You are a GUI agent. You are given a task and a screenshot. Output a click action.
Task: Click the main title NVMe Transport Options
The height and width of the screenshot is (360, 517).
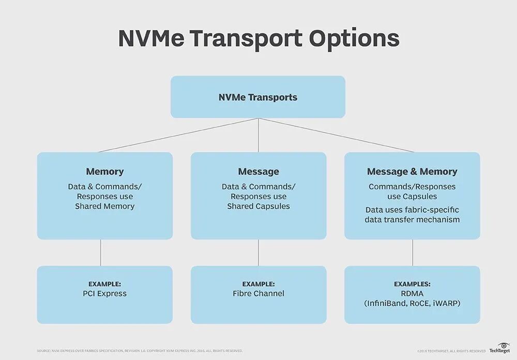258,39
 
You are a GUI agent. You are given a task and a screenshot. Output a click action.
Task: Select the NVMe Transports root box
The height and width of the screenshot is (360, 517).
258,97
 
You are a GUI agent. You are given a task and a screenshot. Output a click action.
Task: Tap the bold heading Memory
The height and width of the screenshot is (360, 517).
105,171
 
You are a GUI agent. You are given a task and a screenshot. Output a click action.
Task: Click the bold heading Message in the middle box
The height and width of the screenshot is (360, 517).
258,171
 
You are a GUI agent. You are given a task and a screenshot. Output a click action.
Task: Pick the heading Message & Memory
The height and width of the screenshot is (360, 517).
412,171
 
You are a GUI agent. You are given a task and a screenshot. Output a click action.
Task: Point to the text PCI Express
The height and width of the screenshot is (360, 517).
105,294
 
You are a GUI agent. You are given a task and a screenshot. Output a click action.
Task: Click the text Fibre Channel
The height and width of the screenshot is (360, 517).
258,294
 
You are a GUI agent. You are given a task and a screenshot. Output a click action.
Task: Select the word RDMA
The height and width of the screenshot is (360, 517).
412,294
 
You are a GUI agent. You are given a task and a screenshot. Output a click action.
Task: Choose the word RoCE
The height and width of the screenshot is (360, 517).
420,304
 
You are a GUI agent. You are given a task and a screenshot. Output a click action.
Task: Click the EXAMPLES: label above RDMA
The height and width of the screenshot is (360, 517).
412,284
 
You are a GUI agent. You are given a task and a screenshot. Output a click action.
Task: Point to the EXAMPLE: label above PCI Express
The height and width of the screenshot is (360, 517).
105,284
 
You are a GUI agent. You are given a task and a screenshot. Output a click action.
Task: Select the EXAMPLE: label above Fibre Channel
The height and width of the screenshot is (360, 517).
258,284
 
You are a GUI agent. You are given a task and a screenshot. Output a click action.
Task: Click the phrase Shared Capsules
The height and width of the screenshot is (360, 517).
258,206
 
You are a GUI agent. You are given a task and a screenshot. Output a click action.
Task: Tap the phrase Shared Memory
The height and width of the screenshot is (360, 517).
105,206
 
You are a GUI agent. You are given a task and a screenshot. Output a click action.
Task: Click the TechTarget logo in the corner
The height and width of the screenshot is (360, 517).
499,348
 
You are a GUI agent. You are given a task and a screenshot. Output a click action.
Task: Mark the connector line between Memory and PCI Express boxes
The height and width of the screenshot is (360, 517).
101,252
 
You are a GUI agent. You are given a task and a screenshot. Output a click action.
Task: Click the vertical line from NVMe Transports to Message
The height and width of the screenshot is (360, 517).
258,135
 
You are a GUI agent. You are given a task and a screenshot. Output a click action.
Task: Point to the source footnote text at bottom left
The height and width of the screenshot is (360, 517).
140,351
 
